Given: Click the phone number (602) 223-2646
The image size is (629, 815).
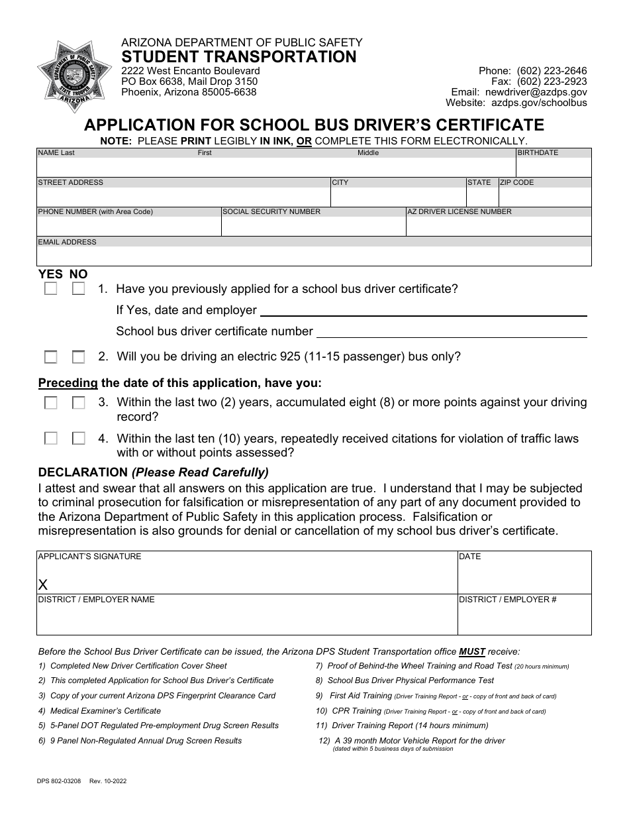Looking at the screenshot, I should (552, 71).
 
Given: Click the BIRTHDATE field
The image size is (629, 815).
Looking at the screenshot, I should (554, 167).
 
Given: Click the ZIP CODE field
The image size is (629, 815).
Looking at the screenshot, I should (545, 197).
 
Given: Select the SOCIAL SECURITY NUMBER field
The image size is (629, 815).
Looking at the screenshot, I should (313, 226).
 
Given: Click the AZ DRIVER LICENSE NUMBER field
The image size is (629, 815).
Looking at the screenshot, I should (499, 226).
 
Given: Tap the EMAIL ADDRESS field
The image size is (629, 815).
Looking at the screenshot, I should (314, 256).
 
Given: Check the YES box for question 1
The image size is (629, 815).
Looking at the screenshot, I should (50, 289).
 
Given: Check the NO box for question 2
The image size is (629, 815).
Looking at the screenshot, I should (79, 357).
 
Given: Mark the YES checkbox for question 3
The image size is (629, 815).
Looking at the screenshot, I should (50, 402).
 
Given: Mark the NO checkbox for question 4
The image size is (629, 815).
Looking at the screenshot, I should (79, 439).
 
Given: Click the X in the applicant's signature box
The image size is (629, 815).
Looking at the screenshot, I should (44, 584).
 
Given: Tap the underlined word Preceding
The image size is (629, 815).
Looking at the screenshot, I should (68, 382).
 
